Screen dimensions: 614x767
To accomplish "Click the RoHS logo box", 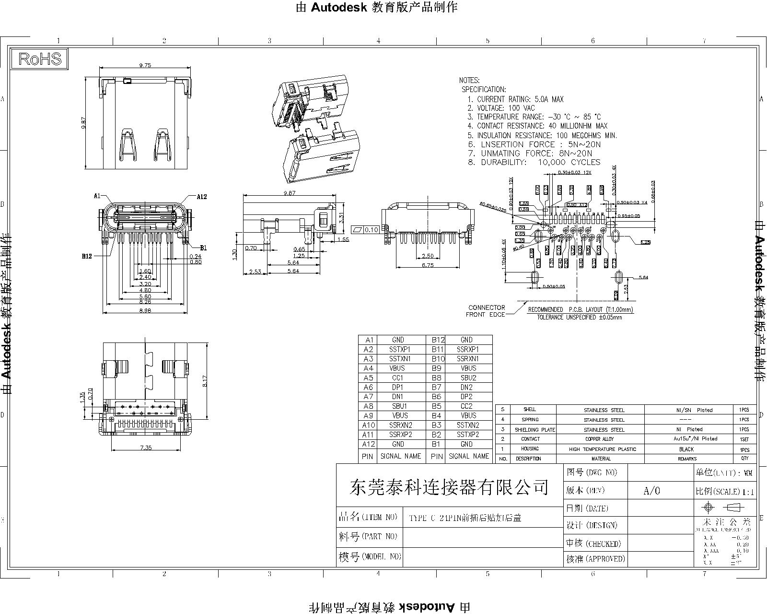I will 40,59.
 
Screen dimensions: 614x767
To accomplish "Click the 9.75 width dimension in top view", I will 145,66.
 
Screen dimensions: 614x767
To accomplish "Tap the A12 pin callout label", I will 202,197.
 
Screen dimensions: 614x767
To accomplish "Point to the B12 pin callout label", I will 86,256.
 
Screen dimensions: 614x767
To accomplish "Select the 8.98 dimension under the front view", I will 145,310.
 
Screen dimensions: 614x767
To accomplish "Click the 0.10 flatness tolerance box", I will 366,230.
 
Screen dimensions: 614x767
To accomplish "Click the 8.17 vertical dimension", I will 205,381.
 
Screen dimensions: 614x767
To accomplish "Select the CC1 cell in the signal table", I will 397,378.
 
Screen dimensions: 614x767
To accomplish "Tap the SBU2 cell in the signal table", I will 468,378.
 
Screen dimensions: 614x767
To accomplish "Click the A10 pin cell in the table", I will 368,425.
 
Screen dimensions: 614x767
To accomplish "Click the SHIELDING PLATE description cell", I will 535,430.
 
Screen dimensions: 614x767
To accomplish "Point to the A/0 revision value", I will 651,491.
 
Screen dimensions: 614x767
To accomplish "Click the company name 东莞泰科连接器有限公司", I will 449,487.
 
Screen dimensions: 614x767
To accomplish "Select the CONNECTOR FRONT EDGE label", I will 486,311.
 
